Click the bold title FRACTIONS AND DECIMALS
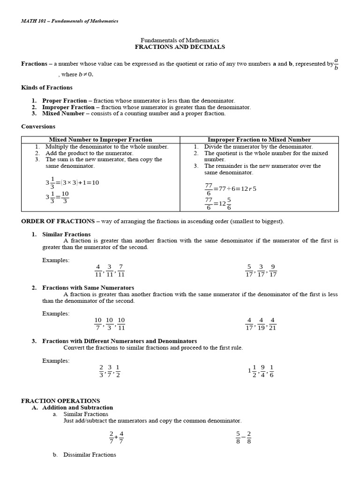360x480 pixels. [180, 47]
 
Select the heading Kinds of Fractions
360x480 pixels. [47, 87]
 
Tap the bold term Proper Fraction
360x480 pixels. [65, 101]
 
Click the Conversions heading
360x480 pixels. [38, 127]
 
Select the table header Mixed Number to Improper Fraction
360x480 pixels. [101, 140]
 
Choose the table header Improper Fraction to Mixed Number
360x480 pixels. [259, 140]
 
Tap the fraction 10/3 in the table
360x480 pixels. [65, 197]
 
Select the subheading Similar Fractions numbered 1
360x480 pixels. [67, 234]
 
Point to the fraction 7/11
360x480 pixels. [121, 270]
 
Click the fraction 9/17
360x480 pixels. [273, 271]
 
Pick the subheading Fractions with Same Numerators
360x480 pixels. [88, 288]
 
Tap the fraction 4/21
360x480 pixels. [272, 324]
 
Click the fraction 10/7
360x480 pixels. [98, 324]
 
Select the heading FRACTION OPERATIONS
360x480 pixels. [60, 401]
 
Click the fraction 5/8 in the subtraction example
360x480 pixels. [238, 437]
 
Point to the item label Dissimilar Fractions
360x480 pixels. [90, 455]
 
